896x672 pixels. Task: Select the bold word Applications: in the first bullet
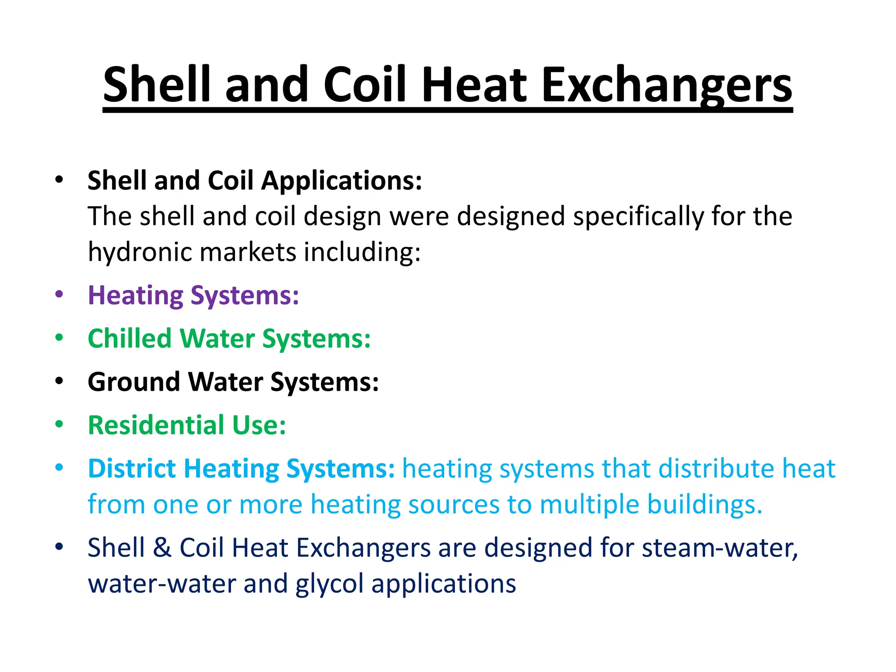(x=342, y=180)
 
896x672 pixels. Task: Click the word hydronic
(x=140, y=252)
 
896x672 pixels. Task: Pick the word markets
(x=248, y=252)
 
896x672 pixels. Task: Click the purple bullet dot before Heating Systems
(x=59, y=294)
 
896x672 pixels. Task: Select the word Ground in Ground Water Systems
(x=133, y=382)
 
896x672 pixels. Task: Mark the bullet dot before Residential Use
(x=59, y=424)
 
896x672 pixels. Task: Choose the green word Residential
(x=156, y=425)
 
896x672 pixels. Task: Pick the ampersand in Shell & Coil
(x=162, y=548)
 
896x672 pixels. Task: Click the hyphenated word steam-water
(x=720, y=548)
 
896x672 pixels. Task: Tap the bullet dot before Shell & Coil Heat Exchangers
(x=59, y=546)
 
